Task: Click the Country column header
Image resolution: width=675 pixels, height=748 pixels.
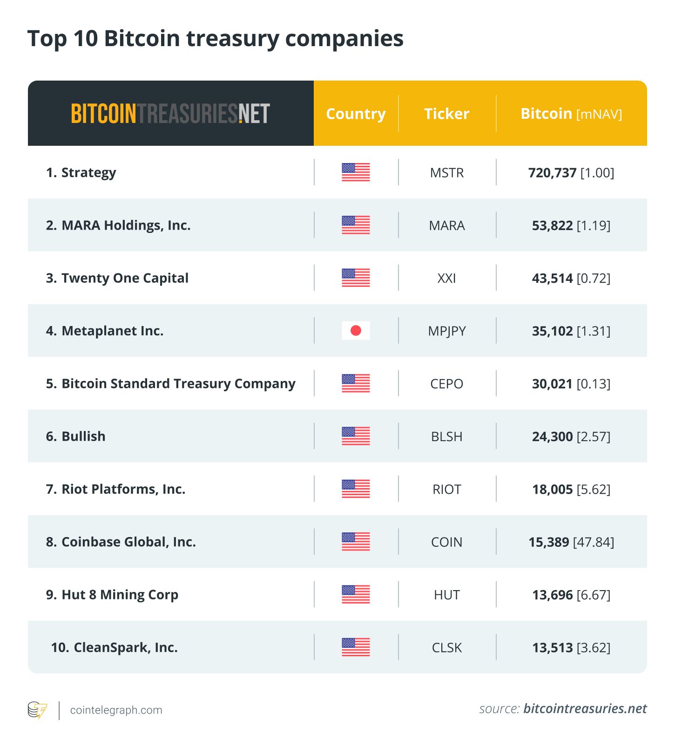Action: pos(356,114)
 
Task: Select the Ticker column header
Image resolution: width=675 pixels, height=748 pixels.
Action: pos(446,114)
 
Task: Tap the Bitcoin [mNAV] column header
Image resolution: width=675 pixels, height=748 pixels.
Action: pos(571,114)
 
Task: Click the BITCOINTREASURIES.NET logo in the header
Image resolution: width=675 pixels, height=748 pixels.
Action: pos(170,114)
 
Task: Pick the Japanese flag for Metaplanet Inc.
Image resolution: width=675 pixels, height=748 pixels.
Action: pos(356,331)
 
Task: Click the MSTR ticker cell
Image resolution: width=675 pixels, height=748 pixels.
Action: pos(447,173)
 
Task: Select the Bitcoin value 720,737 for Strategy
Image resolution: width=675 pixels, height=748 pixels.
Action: pos(553,173)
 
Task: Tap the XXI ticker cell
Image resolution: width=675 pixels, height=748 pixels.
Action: pos(447,278)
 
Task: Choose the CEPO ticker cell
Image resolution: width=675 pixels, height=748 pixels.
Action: pos(447,384)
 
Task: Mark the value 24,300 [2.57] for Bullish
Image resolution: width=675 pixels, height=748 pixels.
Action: pos(571,436)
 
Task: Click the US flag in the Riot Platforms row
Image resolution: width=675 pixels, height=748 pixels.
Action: pos(356,489)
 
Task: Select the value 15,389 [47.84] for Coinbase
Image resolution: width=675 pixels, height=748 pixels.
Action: pos(571,542)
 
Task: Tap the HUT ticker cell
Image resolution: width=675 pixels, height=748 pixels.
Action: pos(447,595)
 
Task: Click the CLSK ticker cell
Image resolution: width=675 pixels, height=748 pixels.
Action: pos(447,647)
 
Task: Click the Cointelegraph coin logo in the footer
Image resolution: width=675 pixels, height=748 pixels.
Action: pos(37,710)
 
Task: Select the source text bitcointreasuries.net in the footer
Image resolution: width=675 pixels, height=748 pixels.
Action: pos(585,709)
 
